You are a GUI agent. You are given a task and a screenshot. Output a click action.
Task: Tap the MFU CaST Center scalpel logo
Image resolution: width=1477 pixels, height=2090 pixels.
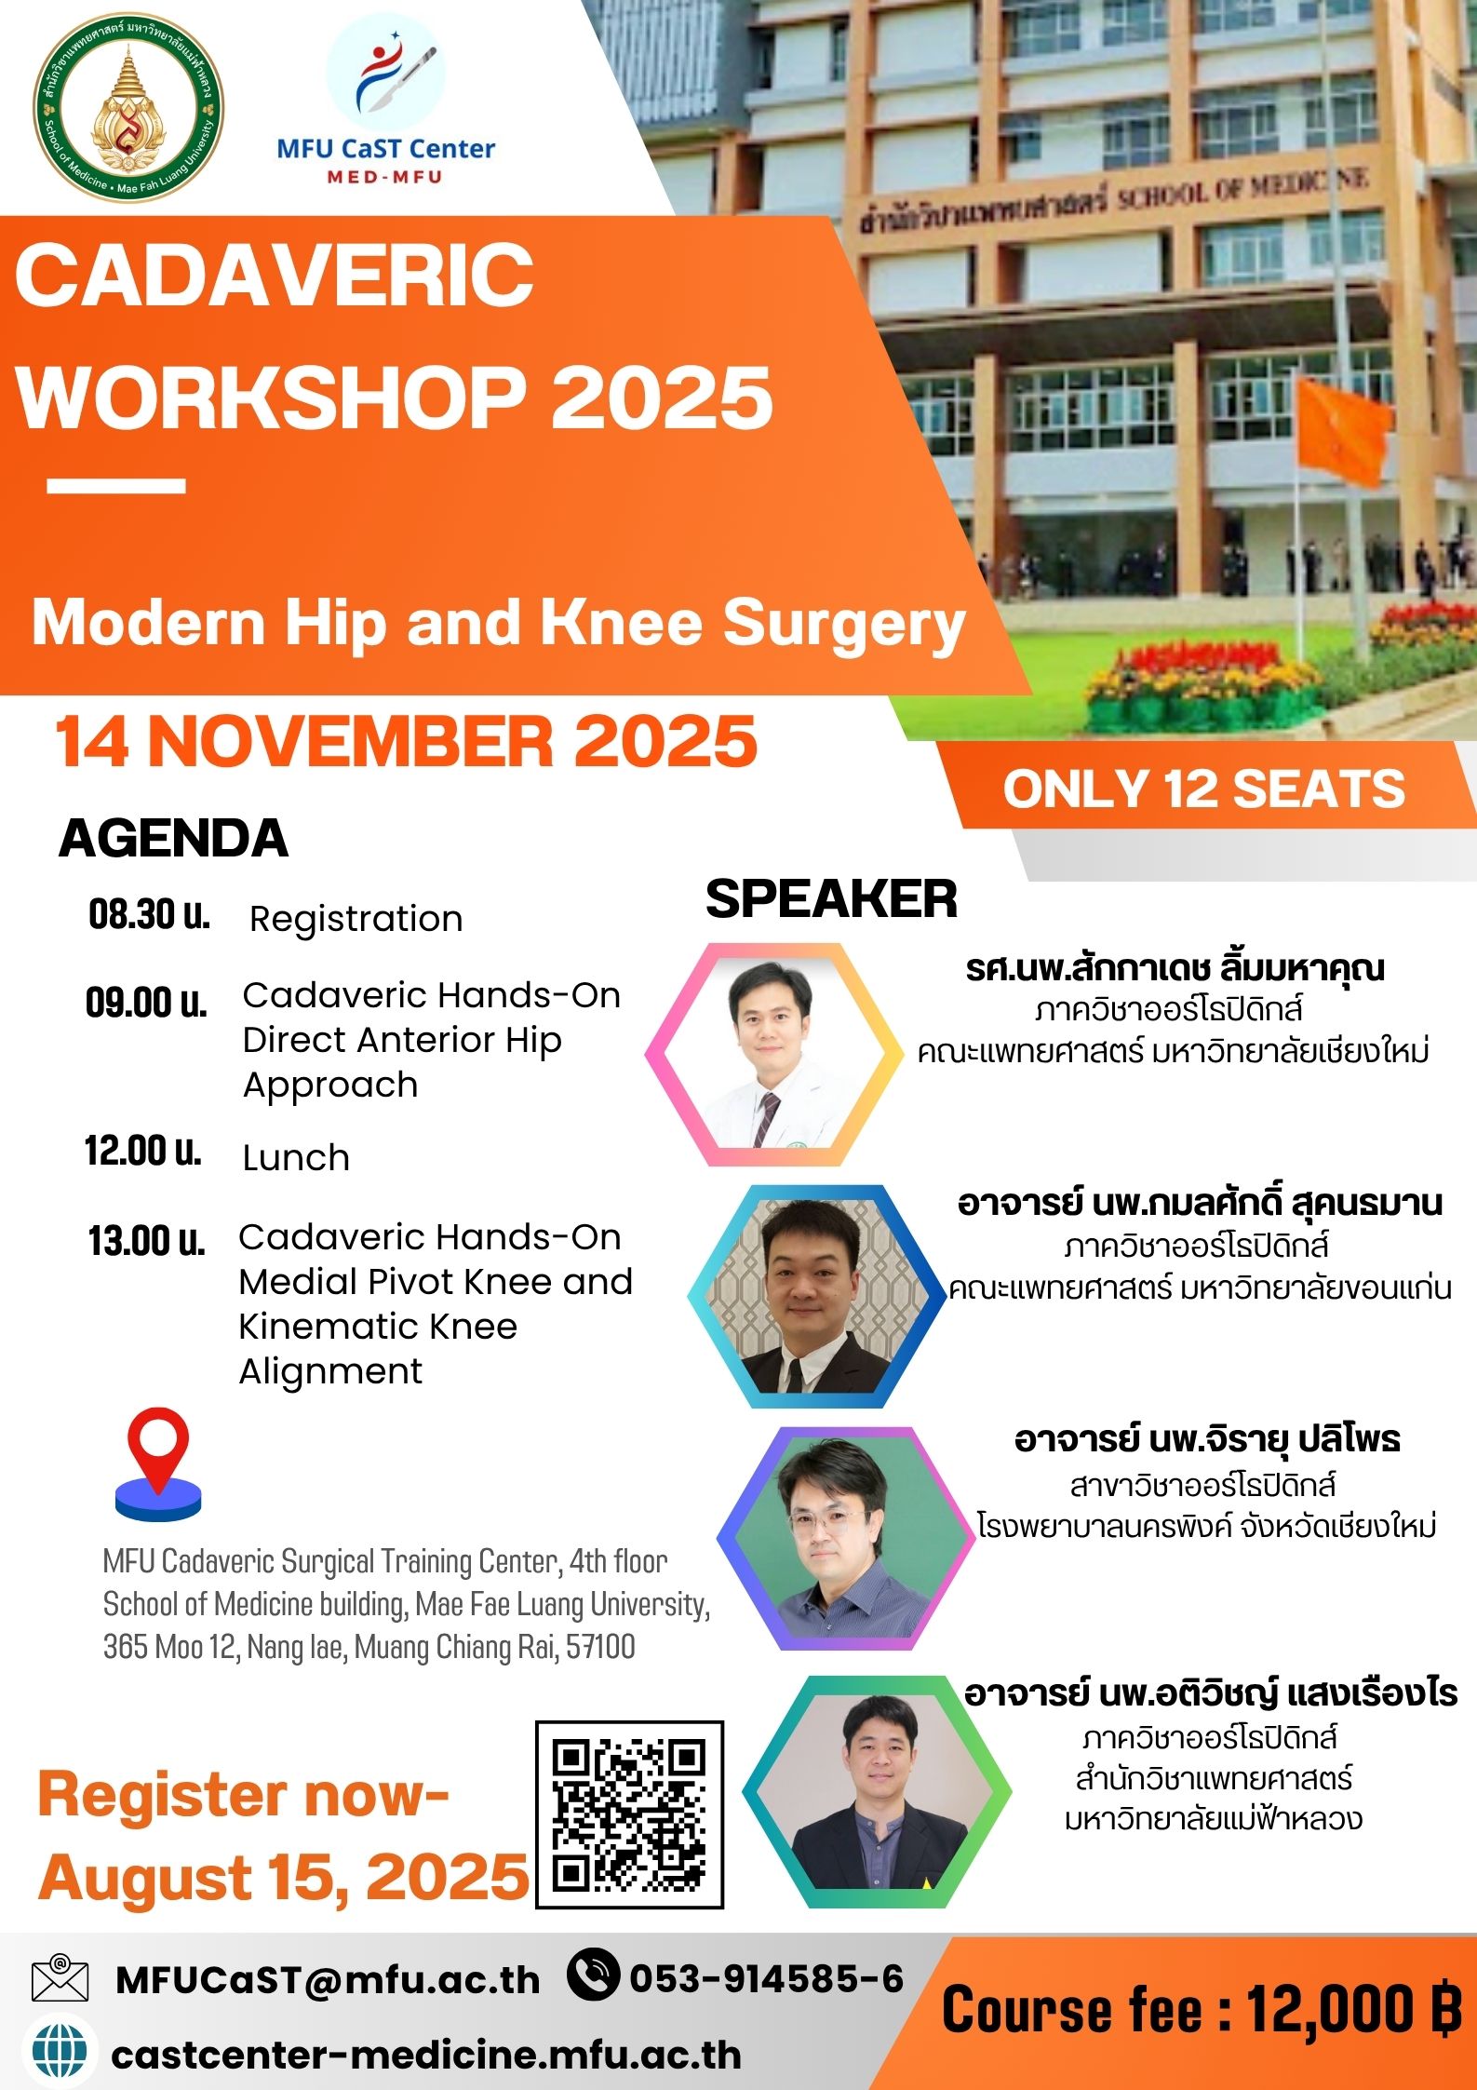387,74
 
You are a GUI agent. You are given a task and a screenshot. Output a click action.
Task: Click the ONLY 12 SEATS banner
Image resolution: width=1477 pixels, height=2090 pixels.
1203,789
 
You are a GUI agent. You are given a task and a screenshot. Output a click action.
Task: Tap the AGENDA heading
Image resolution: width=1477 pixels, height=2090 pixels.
173,838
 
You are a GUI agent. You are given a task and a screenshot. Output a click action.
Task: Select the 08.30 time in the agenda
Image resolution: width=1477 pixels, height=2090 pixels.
149,916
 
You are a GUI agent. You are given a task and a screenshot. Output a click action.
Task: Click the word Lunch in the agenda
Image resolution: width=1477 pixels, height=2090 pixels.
296,1157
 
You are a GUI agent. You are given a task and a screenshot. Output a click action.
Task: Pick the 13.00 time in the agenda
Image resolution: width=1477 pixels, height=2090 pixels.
146,1241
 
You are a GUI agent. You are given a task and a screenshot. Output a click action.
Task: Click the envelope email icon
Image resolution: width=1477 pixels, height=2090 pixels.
60,1978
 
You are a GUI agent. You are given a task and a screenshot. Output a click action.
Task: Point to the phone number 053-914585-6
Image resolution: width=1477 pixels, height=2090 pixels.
766,1978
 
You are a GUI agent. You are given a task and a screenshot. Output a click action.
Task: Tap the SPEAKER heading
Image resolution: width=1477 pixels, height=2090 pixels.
831,899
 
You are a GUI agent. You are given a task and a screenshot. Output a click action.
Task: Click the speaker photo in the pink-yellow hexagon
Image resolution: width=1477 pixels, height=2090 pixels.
774,1055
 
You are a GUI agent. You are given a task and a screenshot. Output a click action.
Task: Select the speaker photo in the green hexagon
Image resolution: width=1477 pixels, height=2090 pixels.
877,1793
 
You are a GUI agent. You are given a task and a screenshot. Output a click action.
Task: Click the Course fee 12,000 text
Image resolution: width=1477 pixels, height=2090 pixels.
1201,2011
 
